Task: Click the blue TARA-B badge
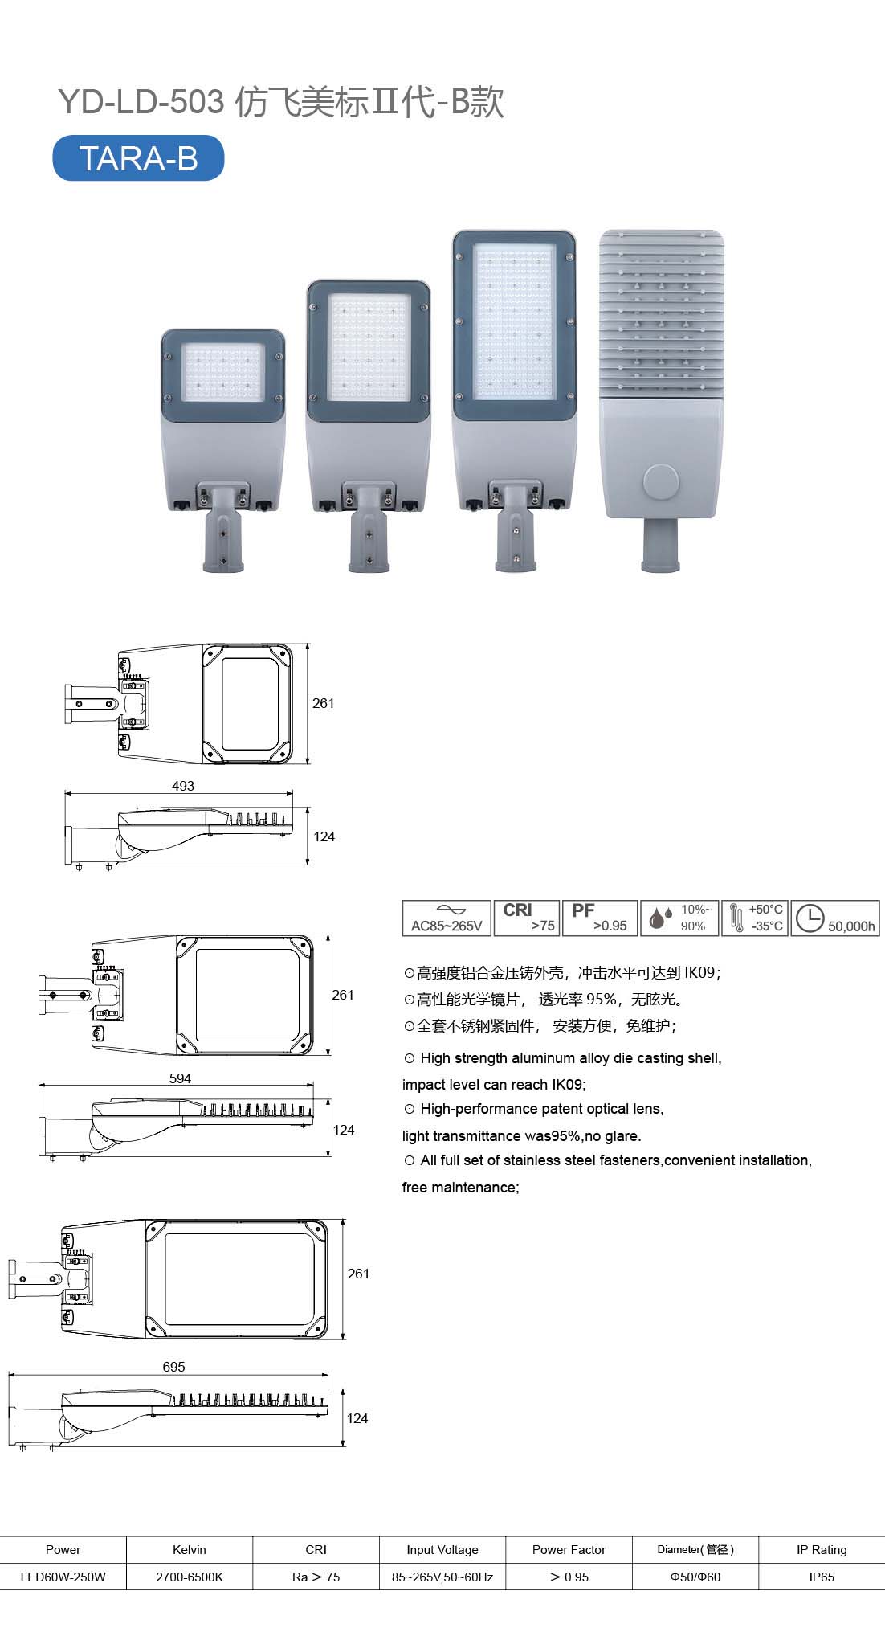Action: coord(138,158)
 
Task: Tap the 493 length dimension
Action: coord(183,786)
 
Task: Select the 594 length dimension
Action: coord(180,1078)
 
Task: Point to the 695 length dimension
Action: coord(173,1367)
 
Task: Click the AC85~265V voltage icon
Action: coord(447,918)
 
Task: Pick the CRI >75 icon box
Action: coord(526,918)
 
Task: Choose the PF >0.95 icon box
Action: coord(600,918)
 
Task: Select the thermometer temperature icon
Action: coord(735,918)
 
